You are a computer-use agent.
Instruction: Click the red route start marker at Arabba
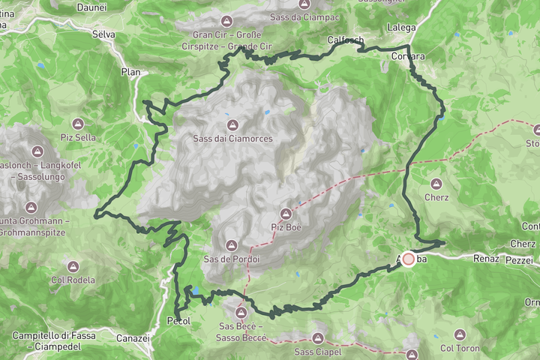(x=409, y=259)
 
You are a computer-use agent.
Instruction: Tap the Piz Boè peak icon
(x=286, y=213)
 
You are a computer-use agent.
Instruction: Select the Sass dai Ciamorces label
(x=232, y=139)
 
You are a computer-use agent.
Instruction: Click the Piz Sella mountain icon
(x=78, y=123)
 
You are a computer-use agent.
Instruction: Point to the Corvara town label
(x=408, y=56)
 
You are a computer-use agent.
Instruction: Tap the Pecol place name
(x=178, y=321)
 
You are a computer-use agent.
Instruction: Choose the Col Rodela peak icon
(x=73, y=266)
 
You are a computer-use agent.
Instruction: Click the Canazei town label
(x=134, y=338)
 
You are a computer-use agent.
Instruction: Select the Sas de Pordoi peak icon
(x=231, y=245)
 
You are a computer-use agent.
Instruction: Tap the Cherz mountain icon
(x=436, y=183)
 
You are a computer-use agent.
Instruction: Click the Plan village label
(x=130, y=72)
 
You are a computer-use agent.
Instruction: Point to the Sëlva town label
(x=103, y=34)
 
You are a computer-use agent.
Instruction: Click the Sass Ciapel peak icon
(x=318, y=338)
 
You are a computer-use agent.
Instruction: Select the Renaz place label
(x=486, y=259)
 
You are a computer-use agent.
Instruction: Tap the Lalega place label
(x=401, y=28)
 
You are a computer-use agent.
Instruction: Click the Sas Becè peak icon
(x=241, y=313)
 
